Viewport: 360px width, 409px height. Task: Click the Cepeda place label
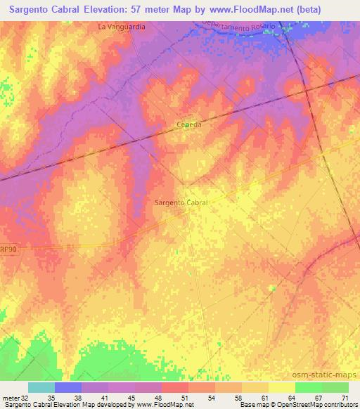188,125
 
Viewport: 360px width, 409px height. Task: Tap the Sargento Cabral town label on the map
181,202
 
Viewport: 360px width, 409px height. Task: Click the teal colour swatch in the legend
41,387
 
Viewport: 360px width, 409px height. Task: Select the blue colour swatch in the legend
68,387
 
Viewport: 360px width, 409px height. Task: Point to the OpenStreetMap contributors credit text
320,405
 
